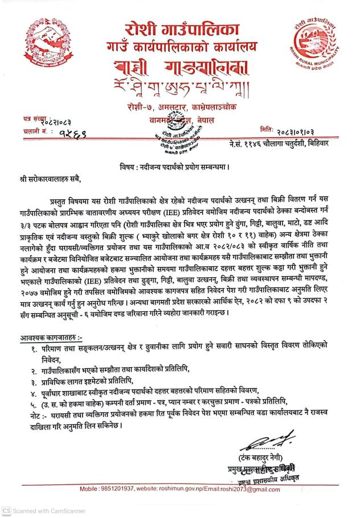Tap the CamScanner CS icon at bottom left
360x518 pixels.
7,511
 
